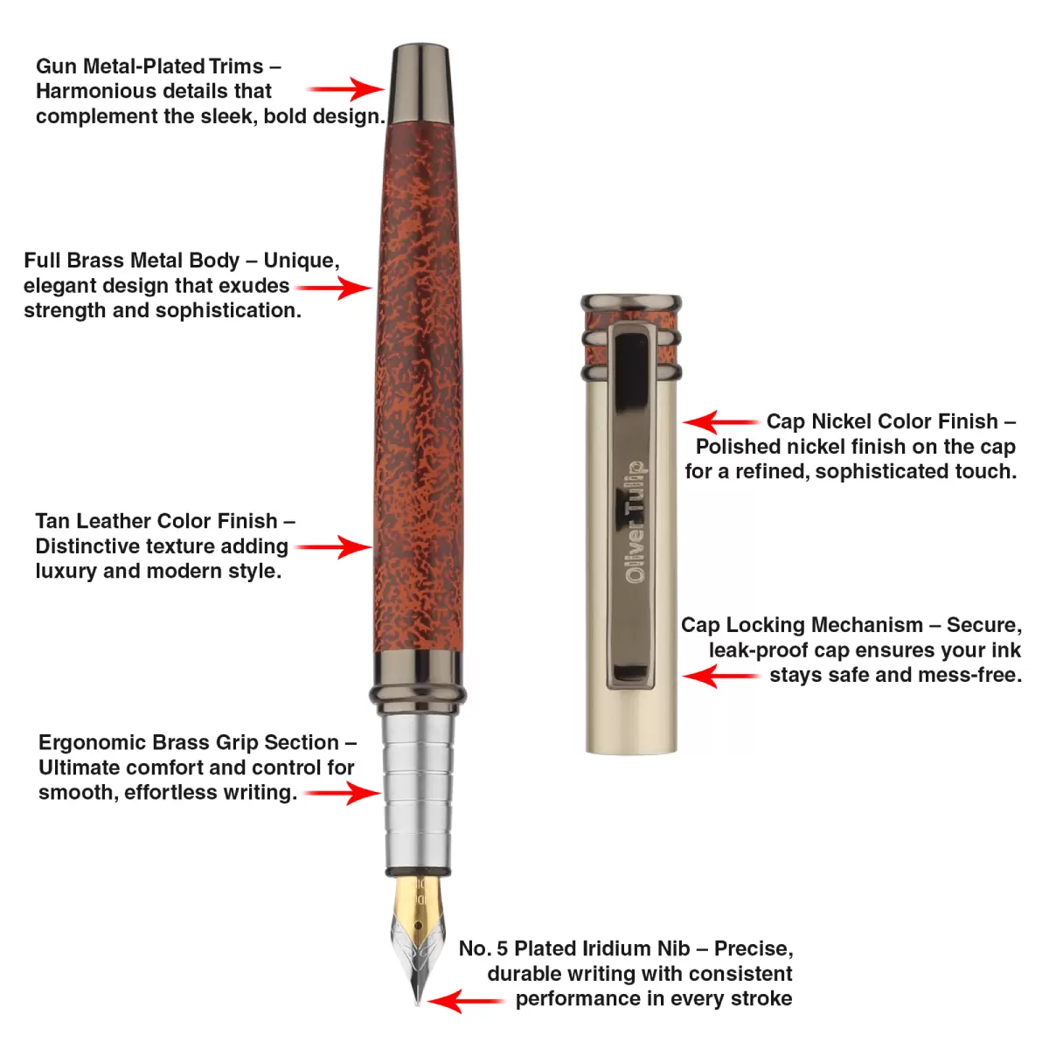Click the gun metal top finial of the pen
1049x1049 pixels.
tap(422, 83)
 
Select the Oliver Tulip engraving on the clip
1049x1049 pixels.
tap(636, 522)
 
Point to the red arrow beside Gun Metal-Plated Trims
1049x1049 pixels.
tap(346, 89)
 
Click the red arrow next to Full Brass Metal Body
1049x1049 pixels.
tap(333, 287)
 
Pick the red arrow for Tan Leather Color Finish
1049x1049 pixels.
tap(333, 547)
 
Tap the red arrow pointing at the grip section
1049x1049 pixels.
tap(342, 793)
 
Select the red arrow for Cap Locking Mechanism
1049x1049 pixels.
tap(721, 676)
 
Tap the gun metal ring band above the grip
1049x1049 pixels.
tap(418, 682)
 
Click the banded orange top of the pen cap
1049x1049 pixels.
tap(631, 337)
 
